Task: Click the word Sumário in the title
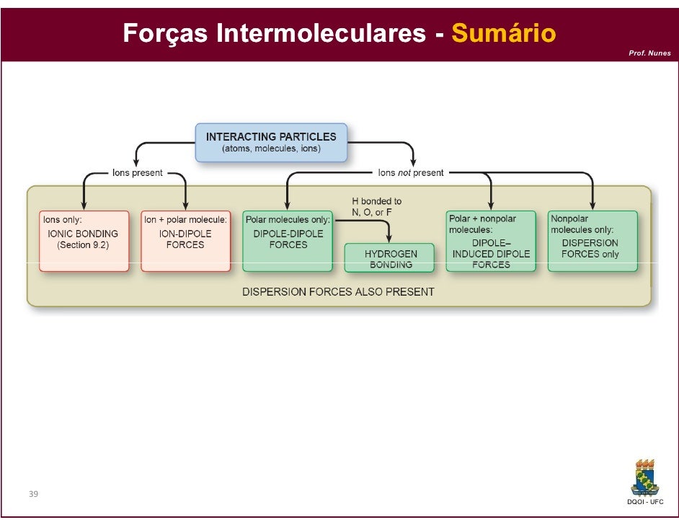click(x=503, y=33)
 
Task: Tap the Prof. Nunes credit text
click(x=649, y=53)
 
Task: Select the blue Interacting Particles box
click(x=271, y=142)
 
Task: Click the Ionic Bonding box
click(x=84, y=241)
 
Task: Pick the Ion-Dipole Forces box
click(x=185, y=241)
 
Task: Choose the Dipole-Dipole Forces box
click(x=288, y=241)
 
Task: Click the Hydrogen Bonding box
click(x=389, y=257)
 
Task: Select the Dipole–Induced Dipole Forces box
click(x=491, y=241)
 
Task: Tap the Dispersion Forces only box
click(x=593, y=241)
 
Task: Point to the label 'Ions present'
click(x=137, y=173)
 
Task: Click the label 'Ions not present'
click(x=411, y=173)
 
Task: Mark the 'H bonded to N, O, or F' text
click(x=376, y=207)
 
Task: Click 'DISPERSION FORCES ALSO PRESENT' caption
click(x=338, y=292)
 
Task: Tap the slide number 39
click(x=33, y=494)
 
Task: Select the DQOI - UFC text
click(x=645, y=502)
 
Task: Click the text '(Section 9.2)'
click(x=83, y=245)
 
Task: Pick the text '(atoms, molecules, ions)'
click(x=271, y=149)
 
